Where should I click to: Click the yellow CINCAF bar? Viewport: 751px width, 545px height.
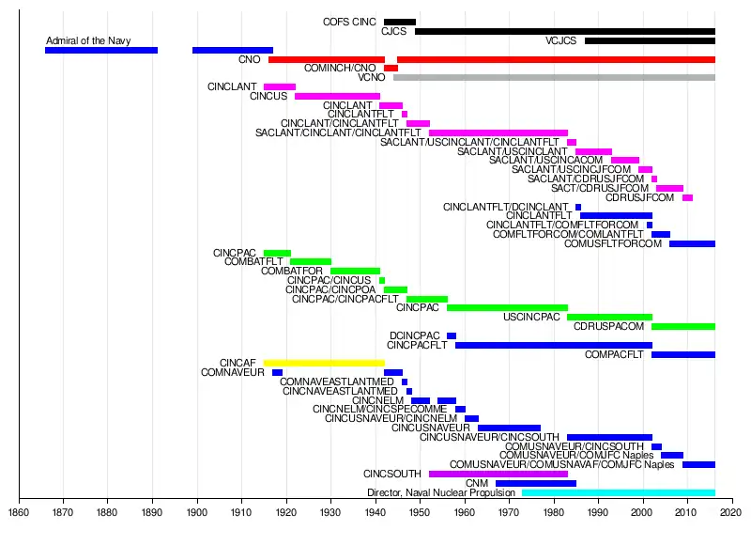pos(324,363)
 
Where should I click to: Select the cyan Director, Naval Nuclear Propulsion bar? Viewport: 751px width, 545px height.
pos(618,492)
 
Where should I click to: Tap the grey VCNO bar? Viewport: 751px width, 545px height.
pos(554,77)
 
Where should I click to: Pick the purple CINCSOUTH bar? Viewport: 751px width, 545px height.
pos(498,474)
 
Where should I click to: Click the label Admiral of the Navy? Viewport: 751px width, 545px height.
pos(88,40)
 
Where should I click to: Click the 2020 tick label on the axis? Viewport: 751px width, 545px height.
pos(731,514)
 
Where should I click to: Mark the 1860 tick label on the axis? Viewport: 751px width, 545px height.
pos(19,514)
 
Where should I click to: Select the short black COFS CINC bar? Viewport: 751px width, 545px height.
pos(400,22)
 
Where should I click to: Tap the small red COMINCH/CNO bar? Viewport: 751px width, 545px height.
pos(391,68)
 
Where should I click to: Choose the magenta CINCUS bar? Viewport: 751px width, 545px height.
pos(337,96)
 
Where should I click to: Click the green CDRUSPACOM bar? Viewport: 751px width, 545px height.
pos(682,326)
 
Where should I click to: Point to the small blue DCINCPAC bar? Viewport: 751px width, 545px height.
pos(452,335)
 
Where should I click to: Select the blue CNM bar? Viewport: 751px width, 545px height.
pos(536,483)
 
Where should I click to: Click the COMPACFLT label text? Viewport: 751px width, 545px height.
pos(616,354)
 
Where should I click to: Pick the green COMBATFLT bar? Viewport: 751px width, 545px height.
pos(311,261)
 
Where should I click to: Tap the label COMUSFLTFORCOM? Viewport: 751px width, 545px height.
pos(613,243)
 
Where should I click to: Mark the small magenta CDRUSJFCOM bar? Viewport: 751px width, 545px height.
pos(687,197)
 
